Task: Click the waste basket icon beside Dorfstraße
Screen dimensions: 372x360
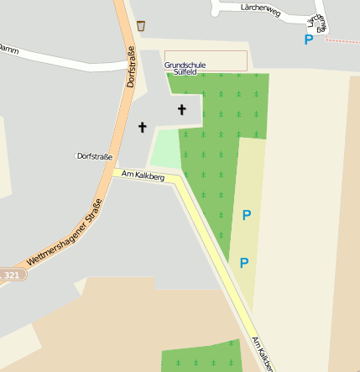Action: pyautogui.click(x=140, y=25)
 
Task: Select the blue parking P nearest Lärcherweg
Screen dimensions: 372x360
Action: pyautogui.click(x=309, y=39)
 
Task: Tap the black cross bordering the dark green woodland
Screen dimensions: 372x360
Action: pyautogui.click(x=182, y=109)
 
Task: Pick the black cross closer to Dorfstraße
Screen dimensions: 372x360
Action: pyautogui.click(x=142, y=128)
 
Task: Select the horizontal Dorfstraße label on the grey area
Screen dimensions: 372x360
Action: pyautogui.click(x=93, y=156)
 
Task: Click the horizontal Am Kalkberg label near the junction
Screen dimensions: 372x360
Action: pyautogui.click(x=143, y=176)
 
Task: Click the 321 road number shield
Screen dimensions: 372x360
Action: pyautogui.click(x=11, y=275)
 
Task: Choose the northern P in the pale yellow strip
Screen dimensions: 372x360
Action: pyautogui.click(x=246, y=216)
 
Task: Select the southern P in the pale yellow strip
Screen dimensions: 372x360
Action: pyautogui.click(x=244, y=263)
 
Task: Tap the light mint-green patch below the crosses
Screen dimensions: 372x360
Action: pyautogui.click(x=165, y=149)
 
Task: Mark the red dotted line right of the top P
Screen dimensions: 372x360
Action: pyautogui.click(x=343, y=40)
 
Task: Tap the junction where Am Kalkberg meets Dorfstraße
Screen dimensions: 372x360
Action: pyautogui.click(x=115, y=171)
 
